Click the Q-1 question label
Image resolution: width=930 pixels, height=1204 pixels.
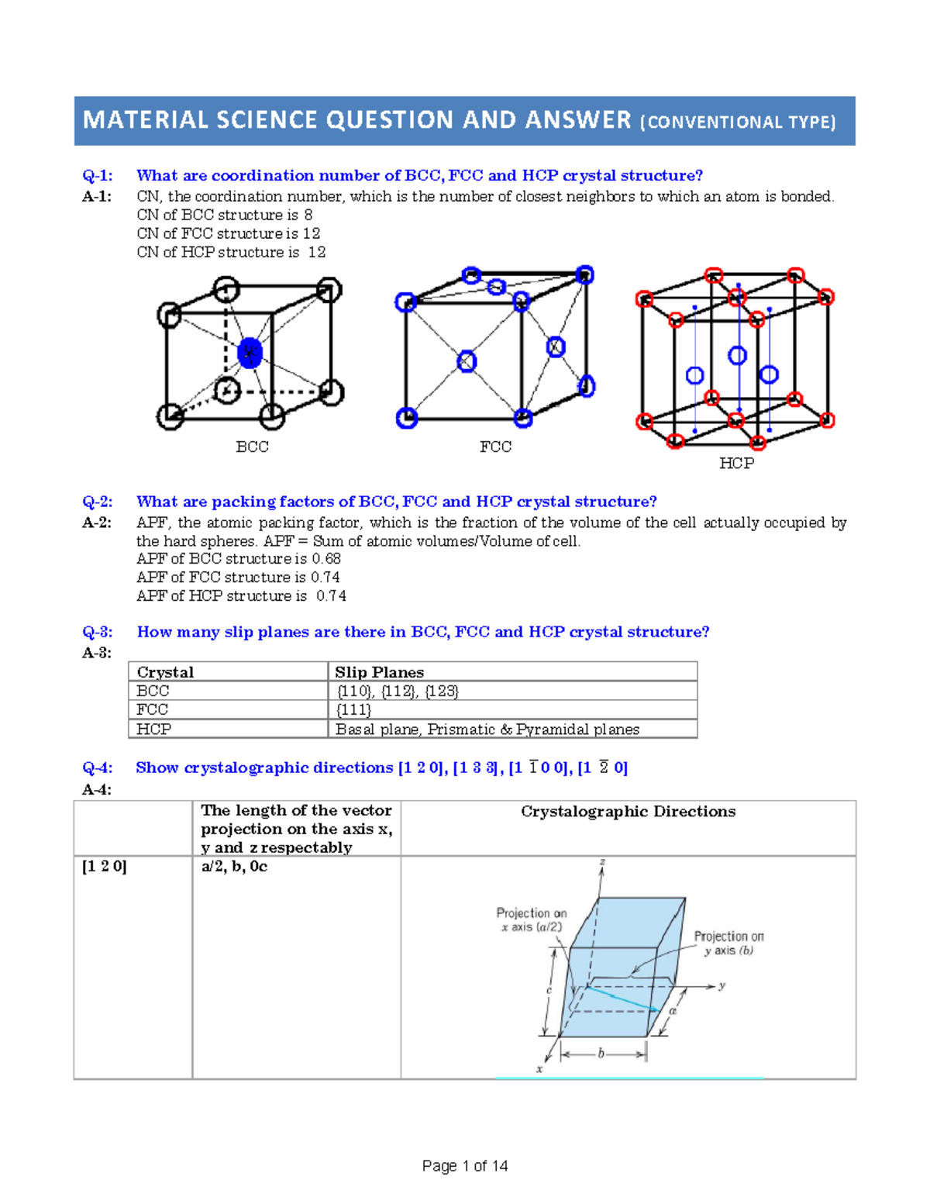click(98, 176)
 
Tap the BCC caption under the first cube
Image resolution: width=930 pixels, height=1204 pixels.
click(252, 447)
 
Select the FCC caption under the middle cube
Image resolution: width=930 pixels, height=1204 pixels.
click(495, 447)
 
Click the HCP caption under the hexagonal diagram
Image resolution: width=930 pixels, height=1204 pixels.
click(735, 464)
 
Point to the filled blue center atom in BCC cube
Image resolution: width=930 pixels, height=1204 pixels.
click(250, 353)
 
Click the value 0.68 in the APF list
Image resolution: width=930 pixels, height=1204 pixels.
click(326, 559)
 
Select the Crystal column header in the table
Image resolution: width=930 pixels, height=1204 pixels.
click(165, 672)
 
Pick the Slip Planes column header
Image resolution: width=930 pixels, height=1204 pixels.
click(379, 672)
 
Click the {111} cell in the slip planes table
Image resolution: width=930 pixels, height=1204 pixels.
click(353, 709)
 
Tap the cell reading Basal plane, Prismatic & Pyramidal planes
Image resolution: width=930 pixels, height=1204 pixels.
click(487, 730)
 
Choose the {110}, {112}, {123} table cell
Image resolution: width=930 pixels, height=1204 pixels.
click(398, 691)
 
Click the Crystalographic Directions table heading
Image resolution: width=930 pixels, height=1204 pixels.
click(628, 812)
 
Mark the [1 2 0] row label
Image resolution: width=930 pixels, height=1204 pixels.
click(104, 867)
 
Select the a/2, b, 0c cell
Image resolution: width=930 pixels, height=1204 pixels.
click(234, 867)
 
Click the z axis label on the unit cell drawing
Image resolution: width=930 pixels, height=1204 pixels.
click(602, 862)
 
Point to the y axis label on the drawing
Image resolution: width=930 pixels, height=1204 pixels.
click(722, 985)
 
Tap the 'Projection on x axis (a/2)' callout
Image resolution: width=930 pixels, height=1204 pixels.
click(532, 919)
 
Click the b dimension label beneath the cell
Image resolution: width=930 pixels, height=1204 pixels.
click(601, 1054)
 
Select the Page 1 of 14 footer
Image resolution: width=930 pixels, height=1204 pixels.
click(465, 1166)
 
